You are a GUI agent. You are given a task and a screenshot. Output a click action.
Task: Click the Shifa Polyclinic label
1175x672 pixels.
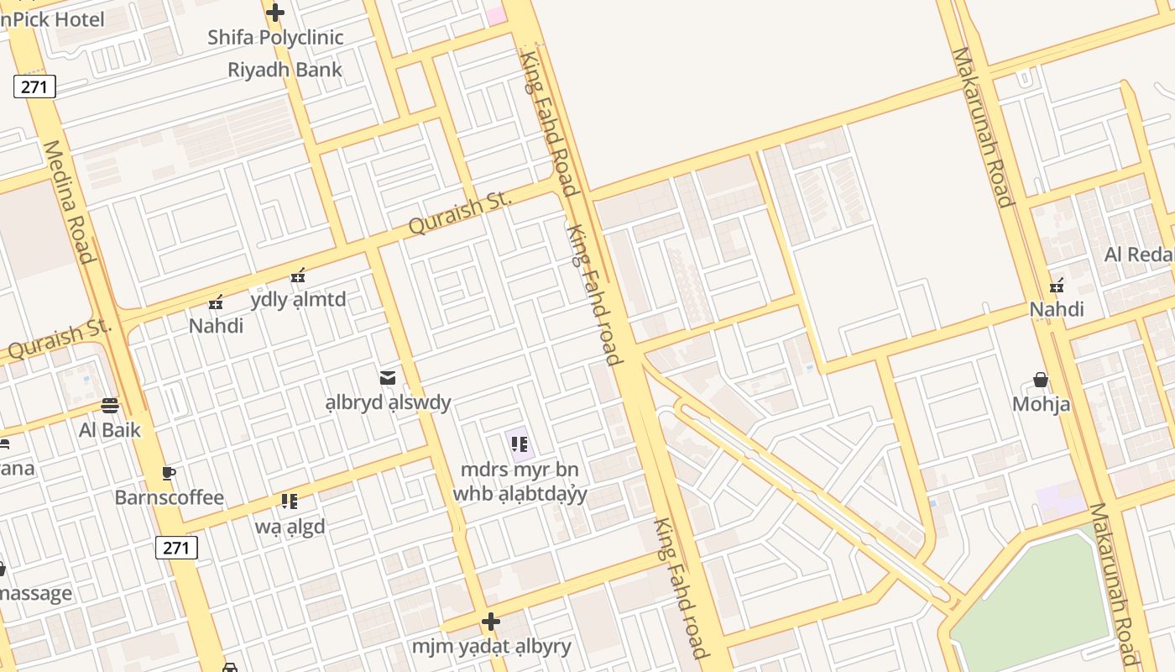275,38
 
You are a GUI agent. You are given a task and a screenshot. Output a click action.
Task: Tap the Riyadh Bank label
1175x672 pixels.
285,70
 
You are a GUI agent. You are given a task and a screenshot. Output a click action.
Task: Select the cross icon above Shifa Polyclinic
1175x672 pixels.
274,13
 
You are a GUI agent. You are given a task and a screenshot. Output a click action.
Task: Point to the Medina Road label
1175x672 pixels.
66,201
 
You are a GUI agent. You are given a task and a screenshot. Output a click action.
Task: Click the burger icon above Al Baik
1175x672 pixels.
109,407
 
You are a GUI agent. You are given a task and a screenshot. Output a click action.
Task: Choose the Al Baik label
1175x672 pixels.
109,431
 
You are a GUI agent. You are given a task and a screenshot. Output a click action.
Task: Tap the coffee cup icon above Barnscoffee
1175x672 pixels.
168,473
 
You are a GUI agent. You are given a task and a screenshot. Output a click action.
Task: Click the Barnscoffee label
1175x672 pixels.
169,498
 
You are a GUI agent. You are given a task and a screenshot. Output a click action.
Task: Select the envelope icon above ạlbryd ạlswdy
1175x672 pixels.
388,378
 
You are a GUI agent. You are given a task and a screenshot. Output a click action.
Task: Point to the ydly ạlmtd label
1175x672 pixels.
298,300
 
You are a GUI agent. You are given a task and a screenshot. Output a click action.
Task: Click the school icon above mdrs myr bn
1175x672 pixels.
519,444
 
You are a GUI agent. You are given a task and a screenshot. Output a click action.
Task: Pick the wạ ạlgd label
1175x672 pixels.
290,528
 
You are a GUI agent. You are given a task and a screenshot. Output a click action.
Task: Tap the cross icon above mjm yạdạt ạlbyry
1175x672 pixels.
491,622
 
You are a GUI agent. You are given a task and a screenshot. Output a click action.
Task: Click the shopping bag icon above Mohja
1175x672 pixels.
1041,380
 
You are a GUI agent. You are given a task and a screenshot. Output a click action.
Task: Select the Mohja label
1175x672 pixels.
1041,404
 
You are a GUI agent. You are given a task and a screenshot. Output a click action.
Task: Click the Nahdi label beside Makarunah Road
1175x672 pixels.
1057,310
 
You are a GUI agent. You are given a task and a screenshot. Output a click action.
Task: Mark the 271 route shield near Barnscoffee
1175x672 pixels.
176,548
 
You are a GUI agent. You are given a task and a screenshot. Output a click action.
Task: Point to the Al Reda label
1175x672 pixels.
1138,255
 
